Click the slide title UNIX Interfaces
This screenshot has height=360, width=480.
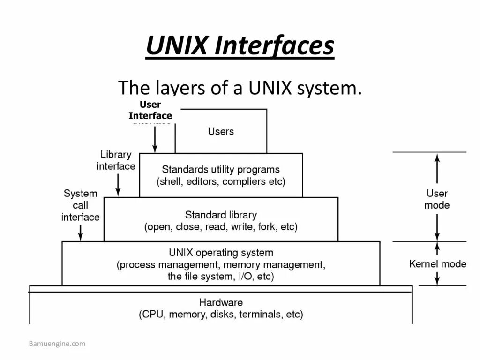tap(240, 47)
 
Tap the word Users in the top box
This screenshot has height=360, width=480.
tap(221, 131)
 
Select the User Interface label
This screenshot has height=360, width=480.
tap(150, 110)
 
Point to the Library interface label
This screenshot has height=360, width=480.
tap(116, 160)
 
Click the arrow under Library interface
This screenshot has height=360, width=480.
tap(118, 185)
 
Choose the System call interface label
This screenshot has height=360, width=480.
tap(81, 205)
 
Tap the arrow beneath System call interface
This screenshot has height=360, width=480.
tap(81, 232)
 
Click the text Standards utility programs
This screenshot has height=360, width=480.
tap(221, 169)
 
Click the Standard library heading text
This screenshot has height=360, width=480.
tap(221, 215)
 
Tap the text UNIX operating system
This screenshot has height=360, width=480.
tap(221, 253)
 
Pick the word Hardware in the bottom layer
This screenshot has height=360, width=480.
tap(221, 302)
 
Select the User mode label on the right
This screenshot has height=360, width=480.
tap(437, 199)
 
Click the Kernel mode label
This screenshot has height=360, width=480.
tap(438, 264)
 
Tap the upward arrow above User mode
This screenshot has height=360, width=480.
tap(437, 169)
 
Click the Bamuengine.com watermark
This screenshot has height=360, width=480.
tap(57, 344)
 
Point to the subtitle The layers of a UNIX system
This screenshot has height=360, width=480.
tap(240, 87)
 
